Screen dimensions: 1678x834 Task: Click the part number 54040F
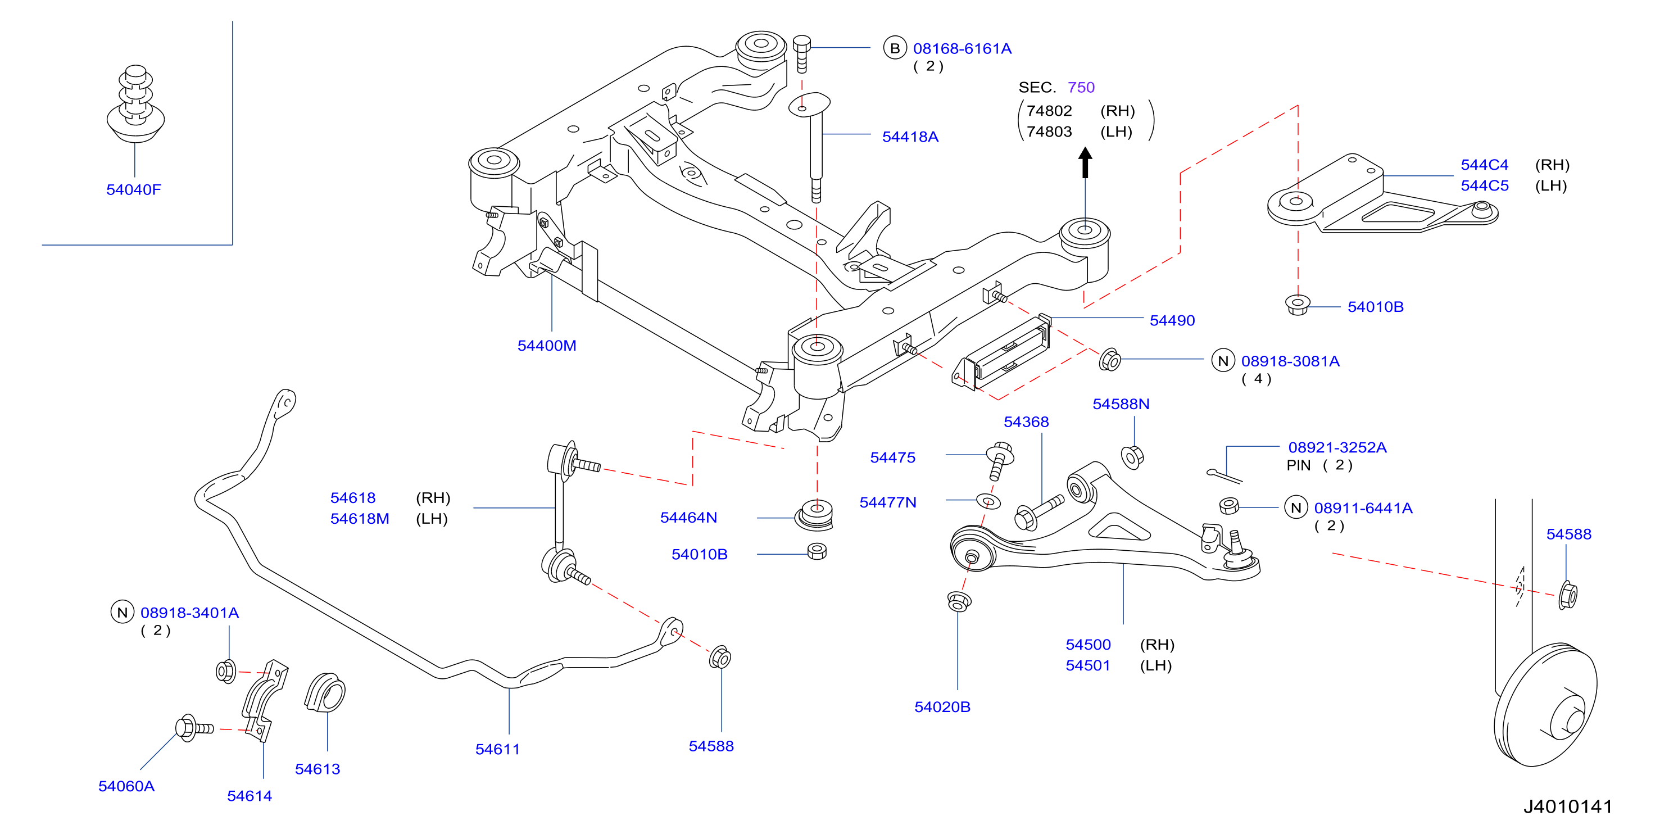(x=134, y=189)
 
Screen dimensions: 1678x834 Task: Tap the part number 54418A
(x=910, y=137)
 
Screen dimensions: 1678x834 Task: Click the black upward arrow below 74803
(x=1085, y=162)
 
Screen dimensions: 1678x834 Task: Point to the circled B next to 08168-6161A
(x=895, y=48)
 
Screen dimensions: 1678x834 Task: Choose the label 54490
(x=1172, y=320)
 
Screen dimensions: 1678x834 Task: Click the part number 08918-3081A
(x=1290, y=361)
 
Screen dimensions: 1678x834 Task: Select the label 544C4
(x=1484, y=165)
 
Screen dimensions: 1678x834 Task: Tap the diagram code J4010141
(x=1567, y=806)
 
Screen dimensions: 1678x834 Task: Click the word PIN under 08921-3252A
(x=1298, y=465)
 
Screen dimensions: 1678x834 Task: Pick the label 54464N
(x=688, y=518)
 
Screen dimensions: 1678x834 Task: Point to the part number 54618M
(x=360, y=519)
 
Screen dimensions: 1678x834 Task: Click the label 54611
(x=498, y=749)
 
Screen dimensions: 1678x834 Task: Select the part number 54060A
(x=126, y=786)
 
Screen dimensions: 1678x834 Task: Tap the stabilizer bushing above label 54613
(x=325, y=692)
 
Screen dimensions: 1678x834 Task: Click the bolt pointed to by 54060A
(x=194, y=728)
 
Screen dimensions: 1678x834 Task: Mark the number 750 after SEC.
(x=1081, y=87)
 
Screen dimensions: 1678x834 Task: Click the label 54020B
(x=942, y=707)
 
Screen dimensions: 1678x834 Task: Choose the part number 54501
(x=1087, y=665)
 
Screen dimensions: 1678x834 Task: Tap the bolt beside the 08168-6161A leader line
(x=802, y=54)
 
